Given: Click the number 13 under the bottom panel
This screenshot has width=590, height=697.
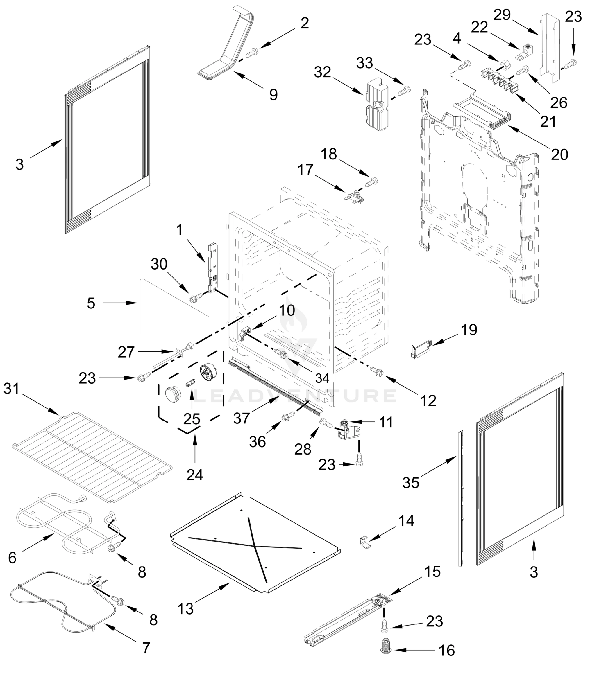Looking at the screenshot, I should pos(186,609).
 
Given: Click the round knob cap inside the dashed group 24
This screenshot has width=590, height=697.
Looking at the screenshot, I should pos(173,393).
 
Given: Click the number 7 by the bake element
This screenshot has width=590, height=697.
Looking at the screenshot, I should pos(146,648).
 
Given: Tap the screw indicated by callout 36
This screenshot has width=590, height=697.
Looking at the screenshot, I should pos(288,416).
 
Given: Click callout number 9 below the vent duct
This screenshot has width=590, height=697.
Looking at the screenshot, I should pos(273,95).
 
